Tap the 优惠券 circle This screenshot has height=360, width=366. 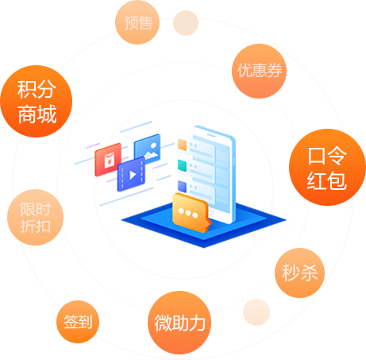(x=257, y=70)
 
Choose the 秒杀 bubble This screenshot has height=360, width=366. (x=299, y=273)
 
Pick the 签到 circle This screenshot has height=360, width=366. (x=78, y=322)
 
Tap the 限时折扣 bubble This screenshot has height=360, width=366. (x=35, y=217)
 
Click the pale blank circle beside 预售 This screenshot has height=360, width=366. (x=186, y=23)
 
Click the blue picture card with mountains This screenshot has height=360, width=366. (x=148, y=149)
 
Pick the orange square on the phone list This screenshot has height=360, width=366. (x=183, y=145)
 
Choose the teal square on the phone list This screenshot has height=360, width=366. (x=183, y=166)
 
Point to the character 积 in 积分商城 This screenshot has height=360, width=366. (x=26, y=88)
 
